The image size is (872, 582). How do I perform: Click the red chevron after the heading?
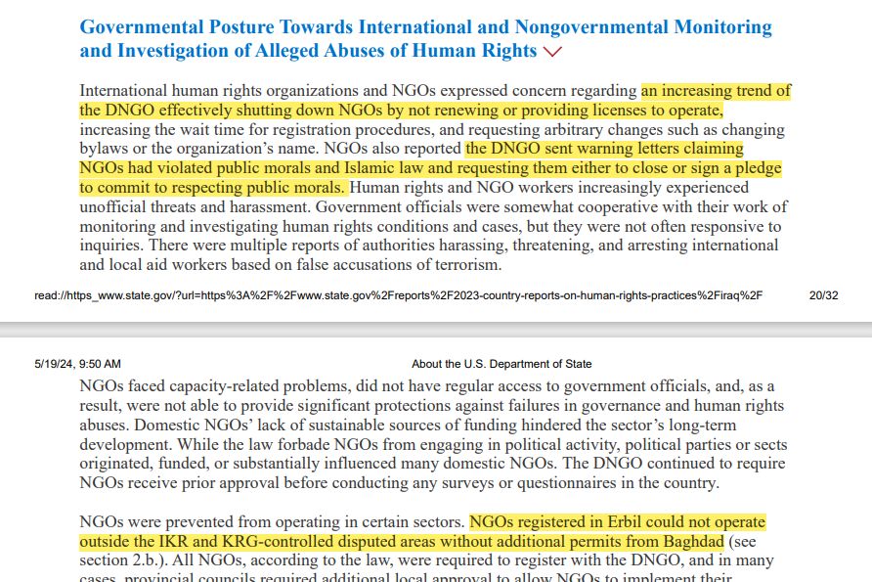pyautogui.click(x=553, y=51)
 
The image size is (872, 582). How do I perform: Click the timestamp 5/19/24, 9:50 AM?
pyautogui.click(x=77, y=364)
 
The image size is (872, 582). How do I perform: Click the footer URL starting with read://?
pyautogui.click(x=398, y=293)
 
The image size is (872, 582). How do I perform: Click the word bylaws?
pyautogui.click(x=103, y=149)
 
